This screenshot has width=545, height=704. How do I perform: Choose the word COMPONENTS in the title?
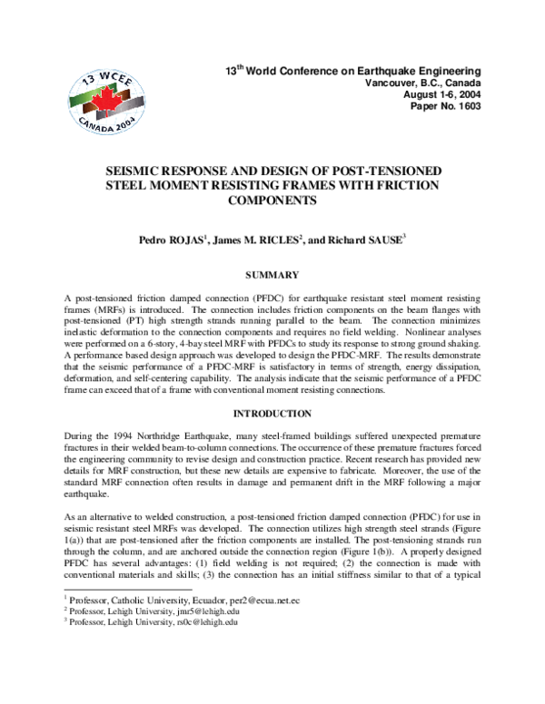[x=272, y=202]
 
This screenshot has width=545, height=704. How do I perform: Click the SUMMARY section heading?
[x=272, y=273]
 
